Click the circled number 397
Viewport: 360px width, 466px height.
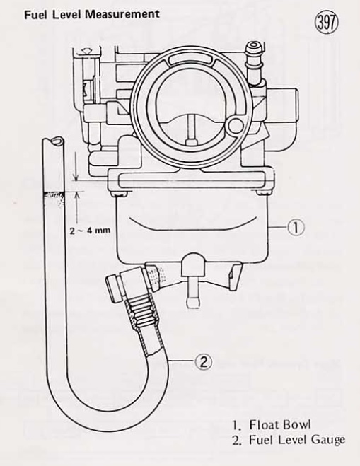(327, 23)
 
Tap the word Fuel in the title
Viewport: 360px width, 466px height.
(35, 15)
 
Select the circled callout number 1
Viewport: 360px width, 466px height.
(296, 228)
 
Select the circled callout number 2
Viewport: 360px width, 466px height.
(203, 362)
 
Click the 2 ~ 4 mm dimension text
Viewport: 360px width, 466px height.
(90, 230)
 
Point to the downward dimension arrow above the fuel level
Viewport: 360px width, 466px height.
(76, 167)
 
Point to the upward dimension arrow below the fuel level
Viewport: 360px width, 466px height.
(77, 207)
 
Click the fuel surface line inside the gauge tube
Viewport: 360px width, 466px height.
(53, 194)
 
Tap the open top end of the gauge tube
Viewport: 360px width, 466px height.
(52, 141)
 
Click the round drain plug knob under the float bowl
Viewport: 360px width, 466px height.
(193, 264)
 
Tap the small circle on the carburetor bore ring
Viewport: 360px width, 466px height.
(237, 125)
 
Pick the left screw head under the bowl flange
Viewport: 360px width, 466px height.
(119, 194)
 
